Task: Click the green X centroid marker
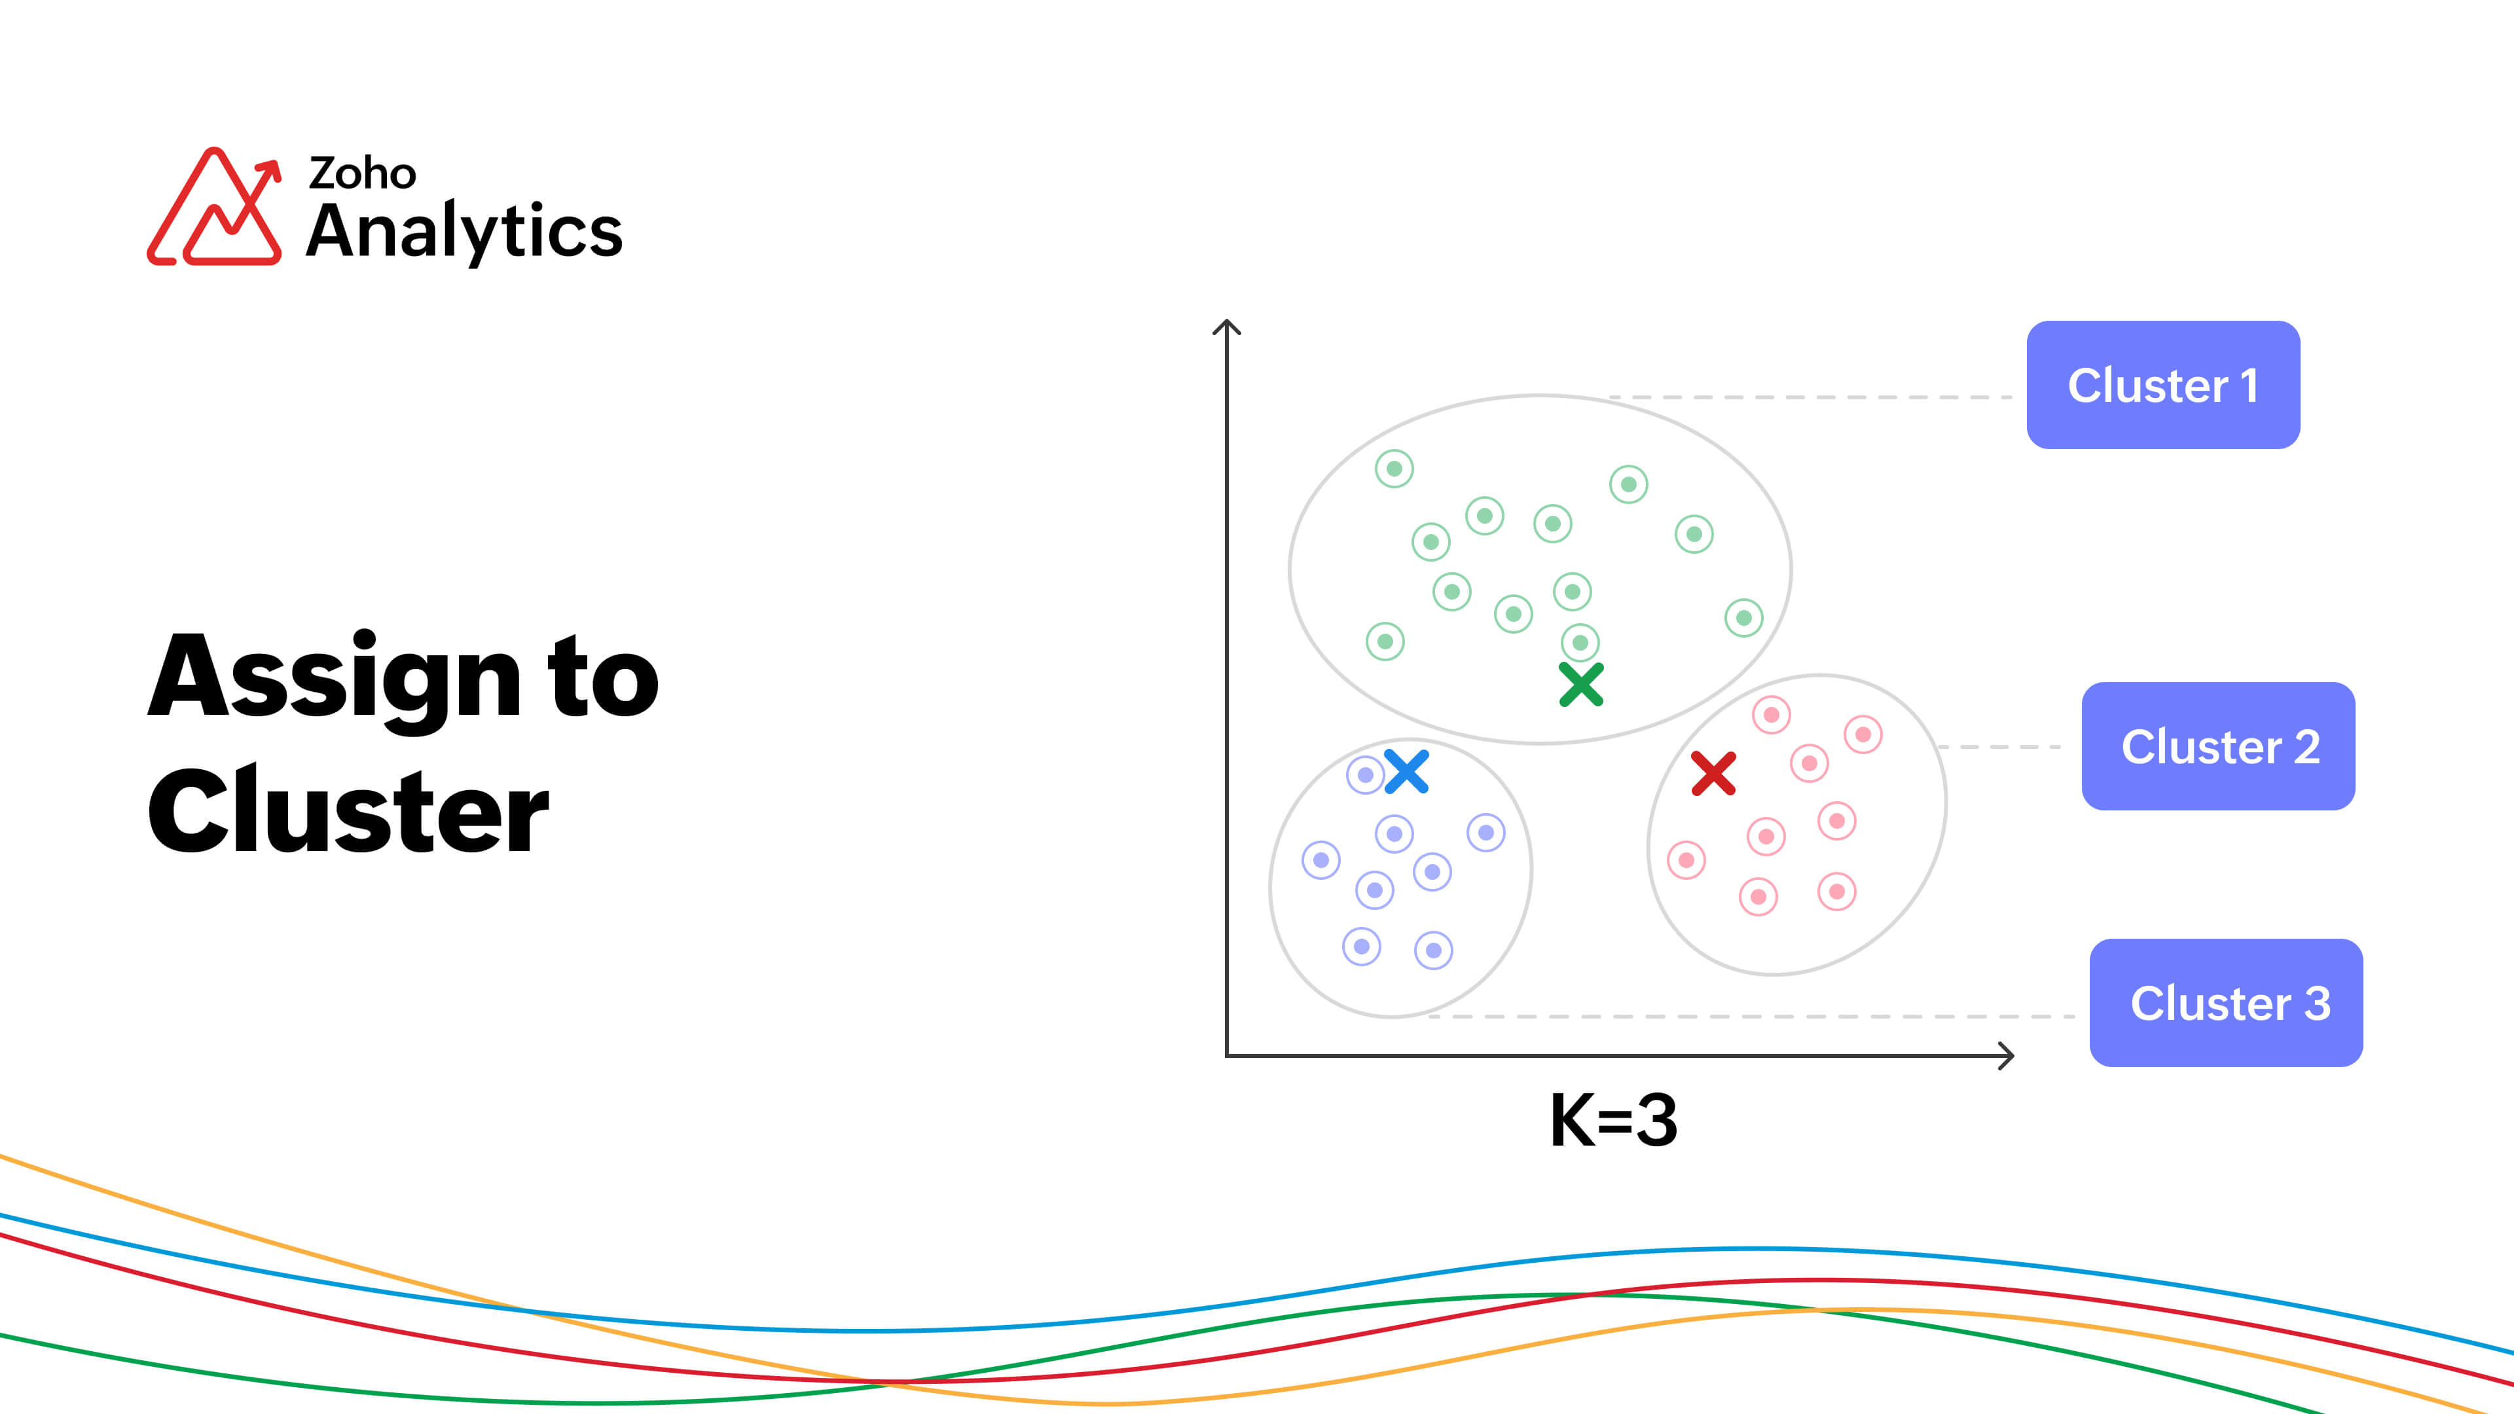click(1581, 684)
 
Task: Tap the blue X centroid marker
click(1406, 771)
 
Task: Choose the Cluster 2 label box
click(2218, 746)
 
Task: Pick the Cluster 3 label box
click(2226, 1002)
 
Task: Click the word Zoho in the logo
click(362, 173)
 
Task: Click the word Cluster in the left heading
click(348, 810)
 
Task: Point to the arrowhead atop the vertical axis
click(1227, 327)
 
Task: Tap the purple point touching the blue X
click(1365, 775)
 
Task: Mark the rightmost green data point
click(1744, 618)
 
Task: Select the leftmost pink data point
click(1686, 860)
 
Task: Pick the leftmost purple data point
click(1321, 860)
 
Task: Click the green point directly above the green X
click(1580, 642)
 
